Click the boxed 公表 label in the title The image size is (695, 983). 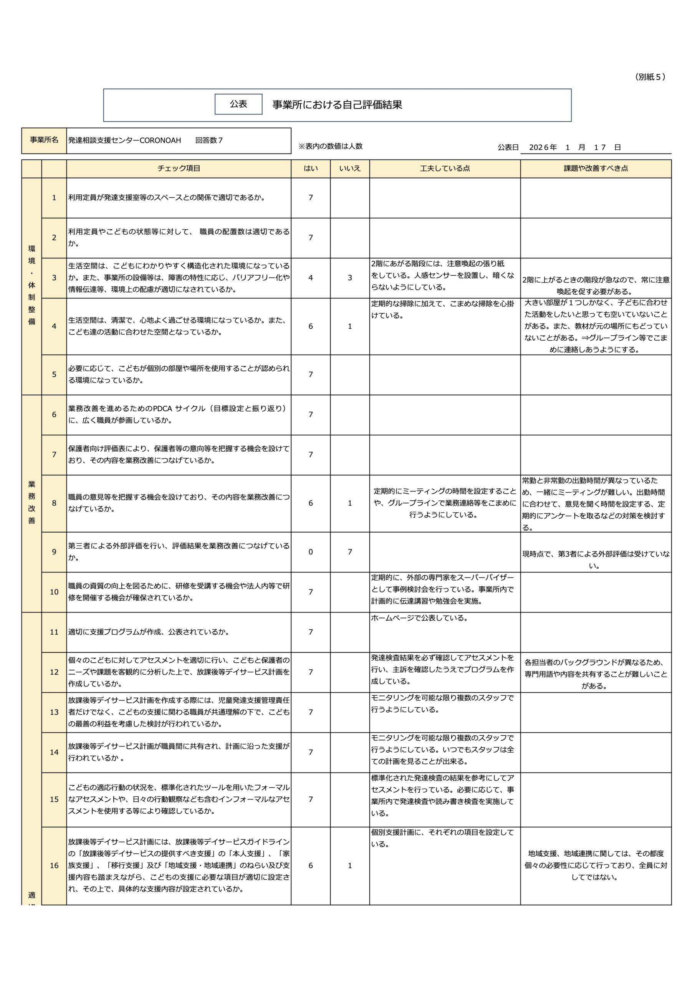pos(238,104)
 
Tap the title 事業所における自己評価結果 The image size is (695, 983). pos(337,105)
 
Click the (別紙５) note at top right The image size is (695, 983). pos(650,77)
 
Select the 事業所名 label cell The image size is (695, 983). pos(44,140)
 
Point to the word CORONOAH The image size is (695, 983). pos(160,141)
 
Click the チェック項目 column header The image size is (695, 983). pos(179,169)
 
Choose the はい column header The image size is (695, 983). pos(311,169)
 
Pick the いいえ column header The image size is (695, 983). pos(349,169)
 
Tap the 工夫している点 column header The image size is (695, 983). pos(445,169)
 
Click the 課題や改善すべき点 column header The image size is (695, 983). pos(596,169)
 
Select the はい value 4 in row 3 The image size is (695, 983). pos(311,278)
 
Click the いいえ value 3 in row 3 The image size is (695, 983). pos(349,278)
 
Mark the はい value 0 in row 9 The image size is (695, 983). pos(311,552)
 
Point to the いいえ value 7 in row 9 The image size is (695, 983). pos(349,552)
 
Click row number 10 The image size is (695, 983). pos(54,592)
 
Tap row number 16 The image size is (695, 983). pos(54,866)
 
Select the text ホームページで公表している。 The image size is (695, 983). pos(420,618)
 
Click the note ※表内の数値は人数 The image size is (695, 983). pos(331,146)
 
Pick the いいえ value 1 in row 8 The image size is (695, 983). pos(349,503)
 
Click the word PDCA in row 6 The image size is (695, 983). pos(162,409)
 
